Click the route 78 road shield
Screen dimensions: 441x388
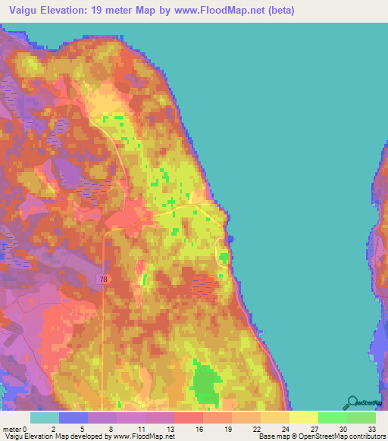click(102, 280)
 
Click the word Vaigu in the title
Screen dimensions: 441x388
click(21, 11)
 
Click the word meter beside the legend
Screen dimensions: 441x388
click(11, 429)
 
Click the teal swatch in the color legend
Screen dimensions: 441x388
click(44, 418)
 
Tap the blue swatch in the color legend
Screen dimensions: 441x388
click(74, 418)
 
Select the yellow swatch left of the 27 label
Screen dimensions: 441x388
click(303, 418)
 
